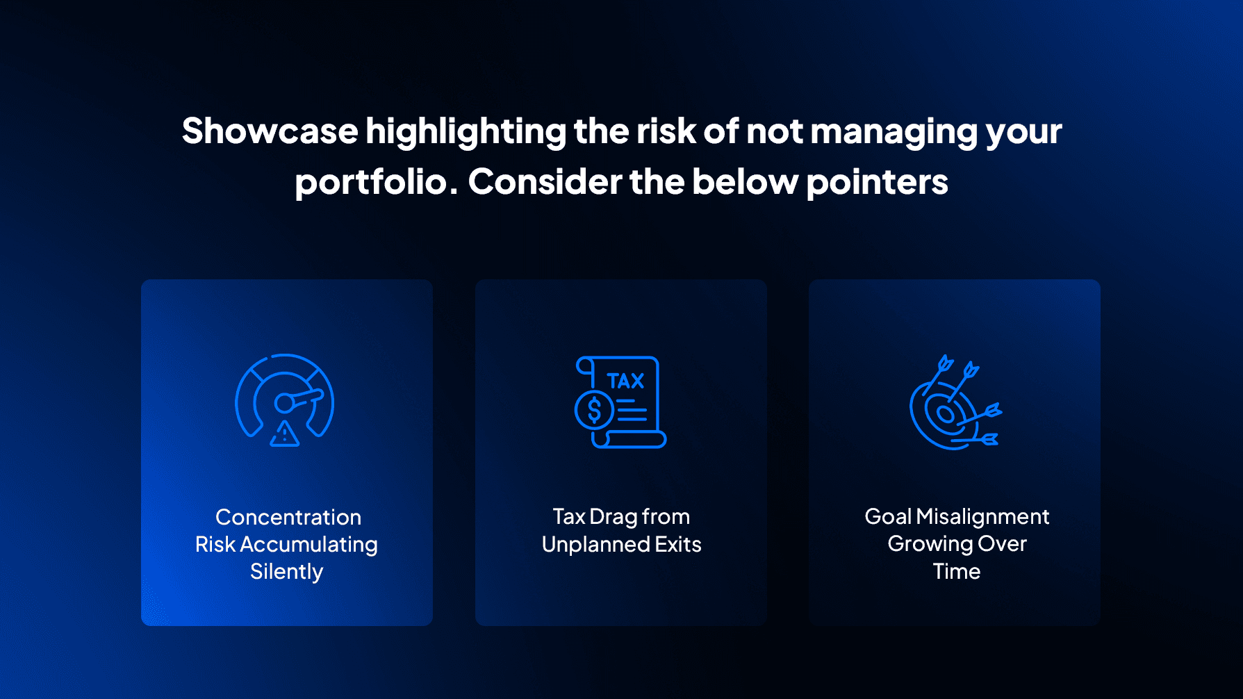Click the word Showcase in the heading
270,131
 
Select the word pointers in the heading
877,182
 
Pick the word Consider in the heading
544,182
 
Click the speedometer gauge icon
285,396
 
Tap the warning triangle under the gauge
284,434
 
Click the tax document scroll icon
620,402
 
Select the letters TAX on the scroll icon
625,381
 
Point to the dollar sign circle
594,410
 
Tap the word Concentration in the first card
288,517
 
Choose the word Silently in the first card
286,572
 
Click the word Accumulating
308,544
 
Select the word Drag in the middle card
614,517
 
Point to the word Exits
678,544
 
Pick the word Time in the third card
956,571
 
